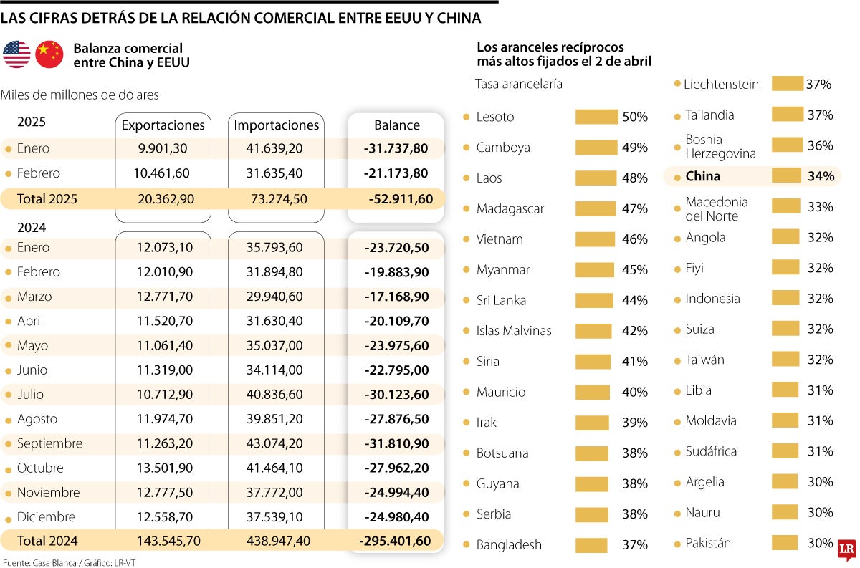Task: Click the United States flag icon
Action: pos(16,54)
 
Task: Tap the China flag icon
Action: pos(49,54)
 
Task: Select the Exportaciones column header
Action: pos(163,125)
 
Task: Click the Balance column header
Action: pos(396,125)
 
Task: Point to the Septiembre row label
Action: pos(49,443)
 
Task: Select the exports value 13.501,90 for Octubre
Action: pos(163,468)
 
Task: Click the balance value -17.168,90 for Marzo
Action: pos(396,297)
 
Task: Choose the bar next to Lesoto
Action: pos(596,117)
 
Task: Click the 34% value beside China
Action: pos(821,176)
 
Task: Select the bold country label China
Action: pos(702,176)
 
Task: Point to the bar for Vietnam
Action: pos(595,239)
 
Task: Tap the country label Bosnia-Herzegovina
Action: pos(720,146)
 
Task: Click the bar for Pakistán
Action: pos(785,543)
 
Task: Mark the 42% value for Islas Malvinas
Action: pos(634,331)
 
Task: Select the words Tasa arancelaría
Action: pos(519,85)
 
